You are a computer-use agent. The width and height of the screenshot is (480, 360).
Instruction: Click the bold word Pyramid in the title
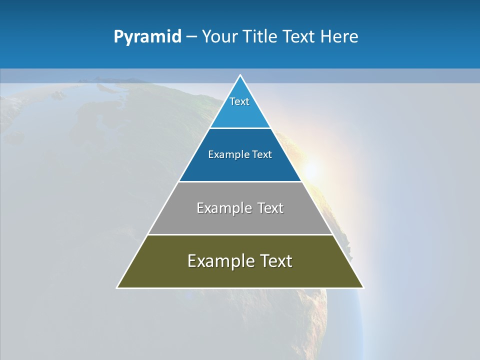(x=147, y=36)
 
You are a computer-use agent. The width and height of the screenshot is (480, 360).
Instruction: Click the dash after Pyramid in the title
(x=191, y=37)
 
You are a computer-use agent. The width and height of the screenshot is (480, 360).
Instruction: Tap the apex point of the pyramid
(x=240, y=75)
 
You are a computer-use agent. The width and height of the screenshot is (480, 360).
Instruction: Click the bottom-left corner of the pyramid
(x=117, y=287)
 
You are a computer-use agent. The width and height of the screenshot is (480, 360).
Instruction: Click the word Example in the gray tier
(x=222, y=208)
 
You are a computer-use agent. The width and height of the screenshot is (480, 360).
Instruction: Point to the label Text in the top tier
(x=239, y=101)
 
